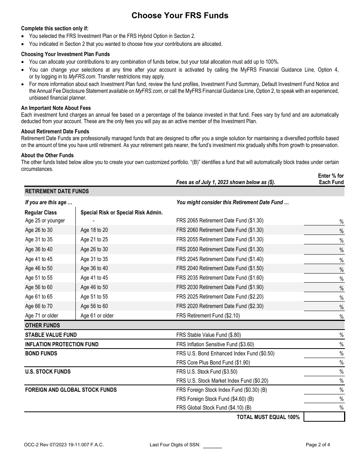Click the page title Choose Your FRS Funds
pos(180,16)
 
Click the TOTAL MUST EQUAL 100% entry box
pos(324,417)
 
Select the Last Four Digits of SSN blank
pos(212,445)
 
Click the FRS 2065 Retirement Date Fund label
pos(220,220)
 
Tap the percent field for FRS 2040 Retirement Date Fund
pos(322,269)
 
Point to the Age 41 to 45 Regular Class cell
pos(39,259)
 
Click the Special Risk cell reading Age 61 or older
pos(97,316)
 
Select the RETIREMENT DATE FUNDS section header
pos(57,191)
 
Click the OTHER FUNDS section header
pos(42,325)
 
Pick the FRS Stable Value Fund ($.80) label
pos(208,335)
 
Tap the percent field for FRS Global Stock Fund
pos(322,408)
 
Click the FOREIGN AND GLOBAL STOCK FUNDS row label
pos(71,390)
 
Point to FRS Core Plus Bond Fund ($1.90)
pos(213,363)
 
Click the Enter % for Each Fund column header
pos(331,179)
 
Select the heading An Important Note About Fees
pos(56,108)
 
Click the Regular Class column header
pos(41,213)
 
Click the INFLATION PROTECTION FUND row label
pos(62,344)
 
